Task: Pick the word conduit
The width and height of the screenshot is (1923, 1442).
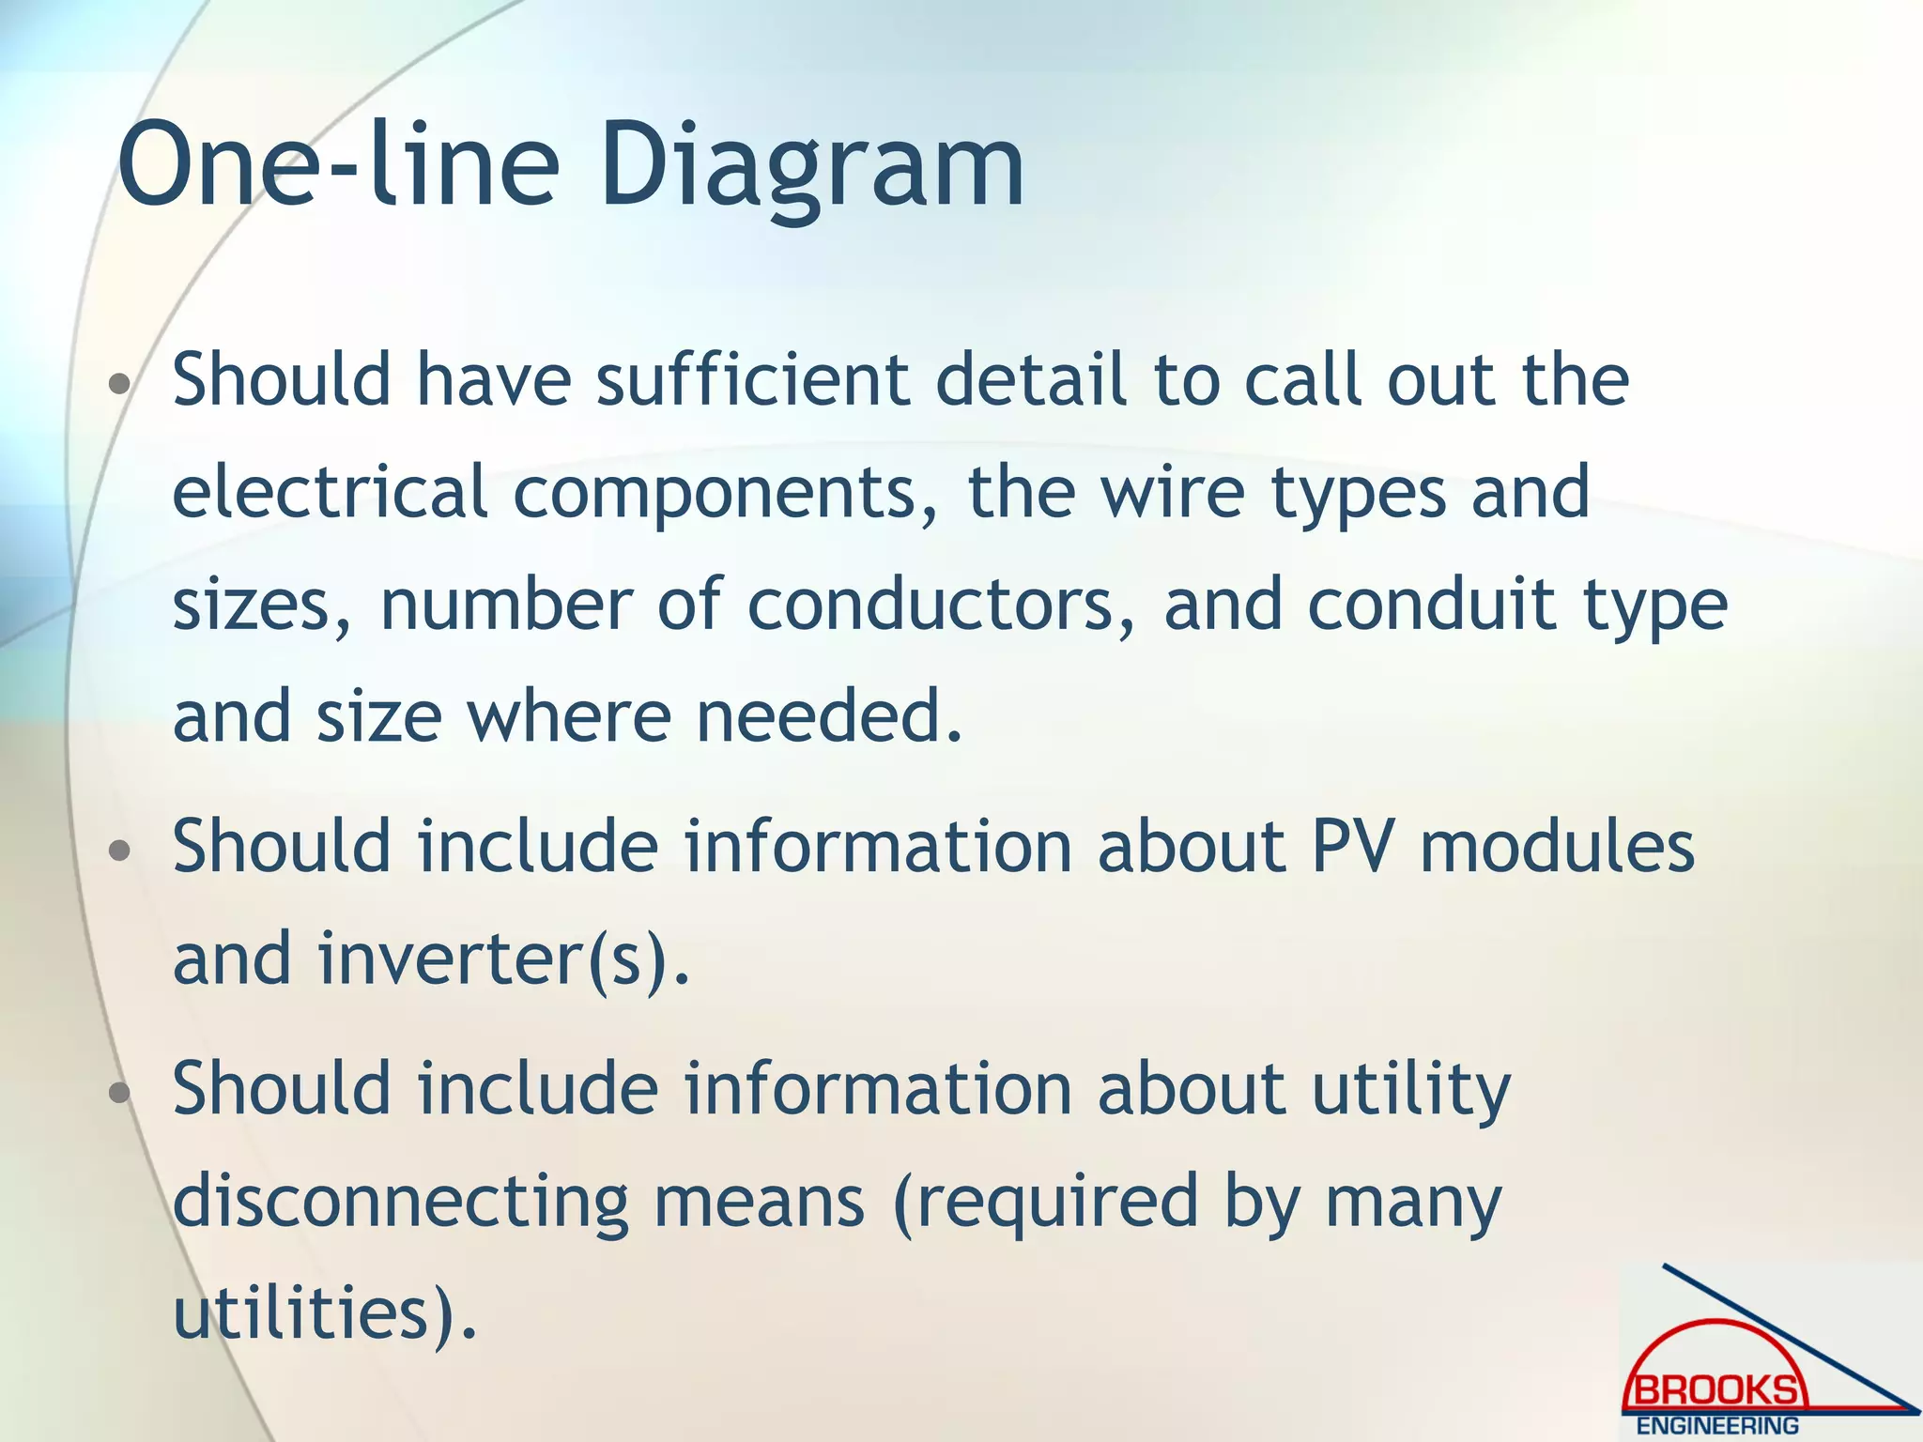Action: (x=1431, y=605)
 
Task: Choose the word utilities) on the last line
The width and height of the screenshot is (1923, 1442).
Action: (x=325, y=1313)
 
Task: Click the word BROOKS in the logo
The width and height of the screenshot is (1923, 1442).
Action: (x=1716, y=1389)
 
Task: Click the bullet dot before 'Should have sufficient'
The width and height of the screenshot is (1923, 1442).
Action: (x=119, y=384)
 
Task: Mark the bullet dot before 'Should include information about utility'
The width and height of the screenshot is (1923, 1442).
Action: (x=119, y=1094)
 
